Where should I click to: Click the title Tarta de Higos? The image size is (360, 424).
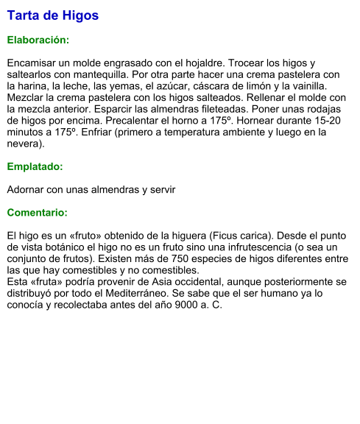52,15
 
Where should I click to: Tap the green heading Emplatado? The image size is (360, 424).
35,166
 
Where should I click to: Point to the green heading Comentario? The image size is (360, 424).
37,213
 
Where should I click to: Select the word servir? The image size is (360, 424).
161,190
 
